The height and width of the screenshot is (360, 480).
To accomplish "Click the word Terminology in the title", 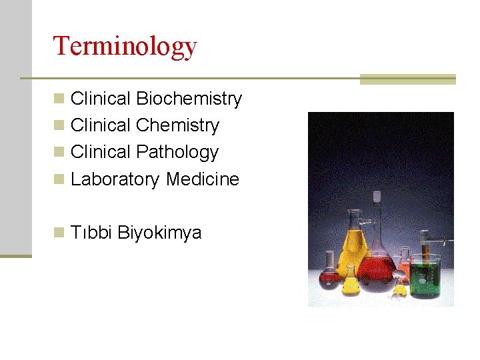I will [x=125, y=46].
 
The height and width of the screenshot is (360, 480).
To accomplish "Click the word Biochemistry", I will [x=189, y=99].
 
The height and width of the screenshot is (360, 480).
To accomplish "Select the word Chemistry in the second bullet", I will [x=177, y=126].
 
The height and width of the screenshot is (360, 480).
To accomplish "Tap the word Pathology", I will [x=177, y=153].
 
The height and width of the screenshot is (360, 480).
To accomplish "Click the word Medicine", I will [x=203, y=179].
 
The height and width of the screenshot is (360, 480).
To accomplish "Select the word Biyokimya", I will [x=159, y=233].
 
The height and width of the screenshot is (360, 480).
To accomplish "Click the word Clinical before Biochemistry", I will [x=101, y=99].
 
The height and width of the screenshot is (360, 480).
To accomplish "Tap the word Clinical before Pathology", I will [x=101, y=153].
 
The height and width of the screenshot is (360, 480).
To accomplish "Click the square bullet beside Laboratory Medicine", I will [x=59, y=179].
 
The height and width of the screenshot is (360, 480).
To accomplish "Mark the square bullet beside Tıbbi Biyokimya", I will [x=59, y=233].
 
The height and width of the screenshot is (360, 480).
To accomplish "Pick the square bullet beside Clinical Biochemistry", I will [x=59, y=99].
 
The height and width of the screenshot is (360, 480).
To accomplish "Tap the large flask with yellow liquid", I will [x=353, y=247].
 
